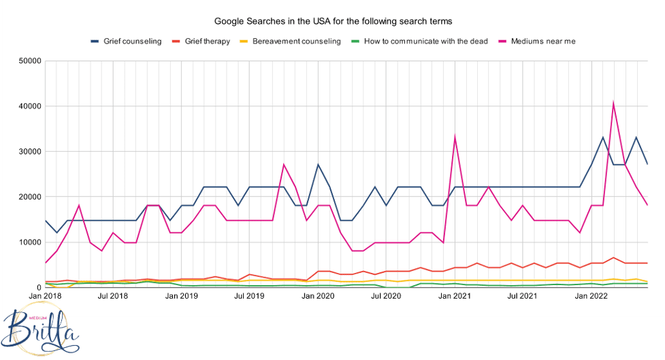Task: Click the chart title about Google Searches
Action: point(333,22)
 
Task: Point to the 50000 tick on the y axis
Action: point(29,61)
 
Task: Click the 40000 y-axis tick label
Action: point(29,106)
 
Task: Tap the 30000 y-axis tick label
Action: point(29,152)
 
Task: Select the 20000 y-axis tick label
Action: point(29,197)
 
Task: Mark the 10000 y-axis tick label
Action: point(29,242)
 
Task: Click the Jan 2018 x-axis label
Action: point(44,296)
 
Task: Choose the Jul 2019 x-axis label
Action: point(250,296)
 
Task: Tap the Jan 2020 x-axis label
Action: point(318,296)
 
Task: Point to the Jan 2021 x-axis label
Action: point(455,296)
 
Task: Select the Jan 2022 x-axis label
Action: point(591,296)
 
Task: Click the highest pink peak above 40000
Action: point(614,103)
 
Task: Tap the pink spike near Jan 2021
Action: point(455,137)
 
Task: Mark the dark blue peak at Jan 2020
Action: point(318,165)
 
